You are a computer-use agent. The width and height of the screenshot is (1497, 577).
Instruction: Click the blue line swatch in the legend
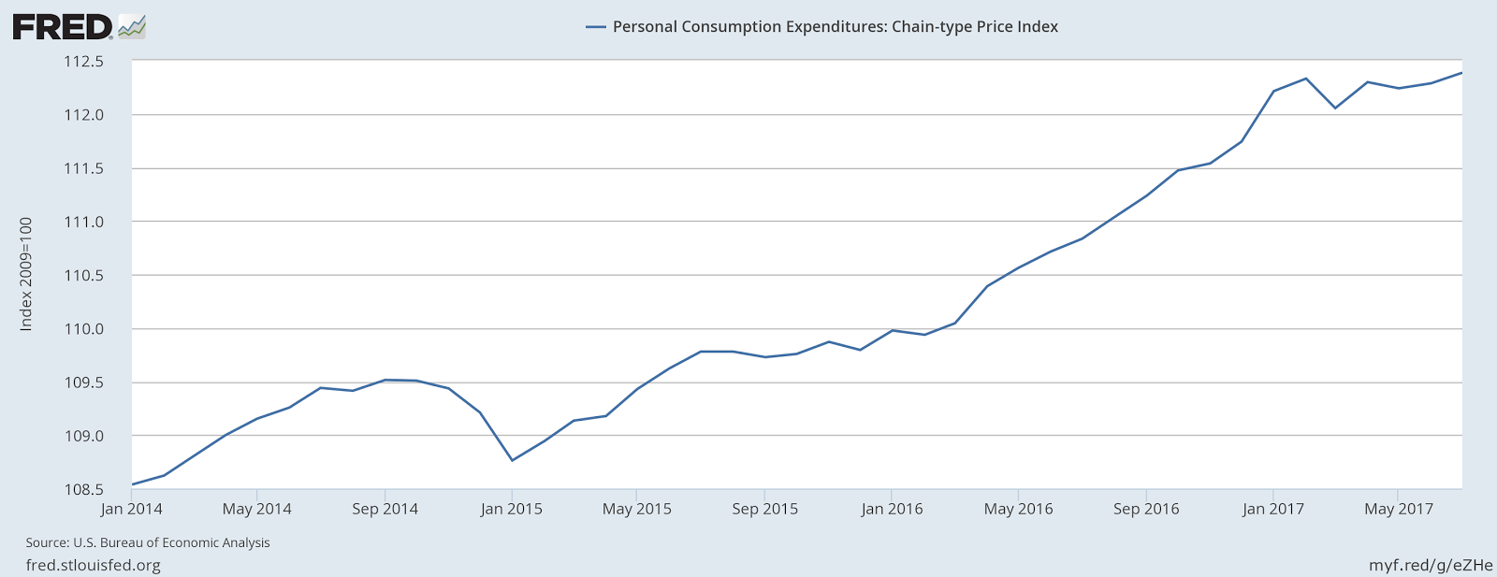(x=596, y=27)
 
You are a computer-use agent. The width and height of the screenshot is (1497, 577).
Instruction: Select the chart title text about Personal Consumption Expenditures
(x=835, y=27)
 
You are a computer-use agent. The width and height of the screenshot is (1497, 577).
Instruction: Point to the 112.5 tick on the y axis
(x=83, y=62)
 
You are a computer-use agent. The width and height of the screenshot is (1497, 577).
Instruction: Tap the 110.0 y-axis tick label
(x=83, y=329)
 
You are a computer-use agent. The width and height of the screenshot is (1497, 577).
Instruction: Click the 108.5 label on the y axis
(x=83, y=489)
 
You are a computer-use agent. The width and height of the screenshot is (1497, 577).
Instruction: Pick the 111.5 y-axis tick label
(x=83, y=169)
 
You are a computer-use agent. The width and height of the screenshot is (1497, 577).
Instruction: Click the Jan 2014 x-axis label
(x=132, y=510)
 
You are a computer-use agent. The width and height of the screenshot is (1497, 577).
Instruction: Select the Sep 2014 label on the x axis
(x=385, y=510)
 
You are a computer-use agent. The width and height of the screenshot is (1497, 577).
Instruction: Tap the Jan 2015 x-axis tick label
(x=512, y=510)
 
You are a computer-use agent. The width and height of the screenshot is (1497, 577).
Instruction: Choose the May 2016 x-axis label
(x=1018, y=510)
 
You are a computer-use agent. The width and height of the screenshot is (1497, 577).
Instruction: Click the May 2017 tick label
(x=1399, y=510)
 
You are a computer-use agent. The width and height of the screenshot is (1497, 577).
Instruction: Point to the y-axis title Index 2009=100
(x=26, y=274)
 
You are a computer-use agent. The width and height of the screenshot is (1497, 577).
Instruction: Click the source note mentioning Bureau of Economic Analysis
(x=148, y=542)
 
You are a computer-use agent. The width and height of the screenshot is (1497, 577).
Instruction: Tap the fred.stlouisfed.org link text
(x=93, y=566)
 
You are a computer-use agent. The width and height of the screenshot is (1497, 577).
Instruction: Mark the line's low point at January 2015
(x=512, y=460)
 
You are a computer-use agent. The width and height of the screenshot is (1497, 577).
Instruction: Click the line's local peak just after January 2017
(x=1305, y=79)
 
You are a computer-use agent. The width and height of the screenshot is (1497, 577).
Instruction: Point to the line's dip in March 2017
(x=1335, y=108)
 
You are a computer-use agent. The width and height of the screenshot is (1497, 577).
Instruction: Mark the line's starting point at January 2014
(x=133, y=484)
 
